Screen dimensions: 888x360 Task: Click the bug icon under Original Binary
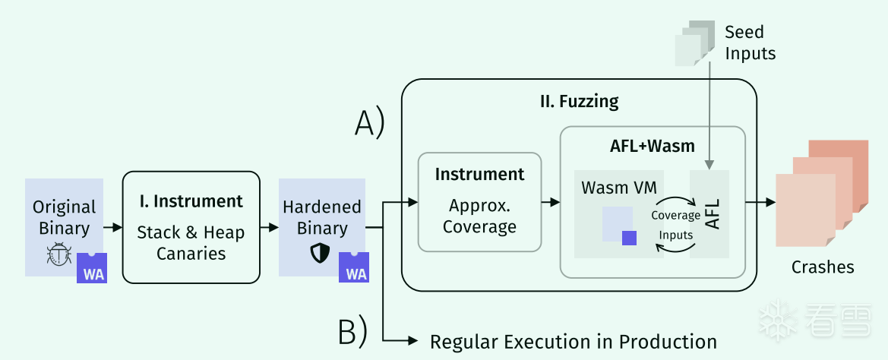59,254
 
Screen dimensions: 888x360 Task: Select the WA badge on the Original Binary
92,268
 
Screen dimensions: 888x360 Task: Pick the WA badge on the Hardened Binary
354,267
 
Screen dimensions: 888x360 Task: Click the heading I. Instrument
191,201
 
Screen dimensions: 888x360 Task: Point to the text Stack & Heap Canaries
191,243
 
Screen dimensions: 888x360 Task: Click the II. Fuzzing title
579,102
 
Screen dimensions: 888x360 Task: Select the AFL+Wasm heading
653,146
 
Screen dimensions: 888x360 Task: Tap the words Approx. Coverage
479,216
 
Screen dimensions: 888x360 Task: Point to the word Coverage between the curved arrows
675,216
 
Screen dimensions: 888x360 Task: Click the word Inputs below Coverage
675,235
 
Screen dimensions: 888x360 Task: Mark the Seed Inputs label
750,43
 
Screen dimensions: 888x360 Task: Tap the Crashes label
823,267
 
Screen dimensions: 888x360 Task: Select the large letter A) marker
369,123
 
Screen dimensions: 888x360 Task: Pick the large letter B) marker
352,333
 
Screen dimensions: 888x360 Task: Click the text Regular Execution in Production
573,342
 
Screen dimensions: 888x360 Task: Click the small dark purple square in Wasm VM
629,238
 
